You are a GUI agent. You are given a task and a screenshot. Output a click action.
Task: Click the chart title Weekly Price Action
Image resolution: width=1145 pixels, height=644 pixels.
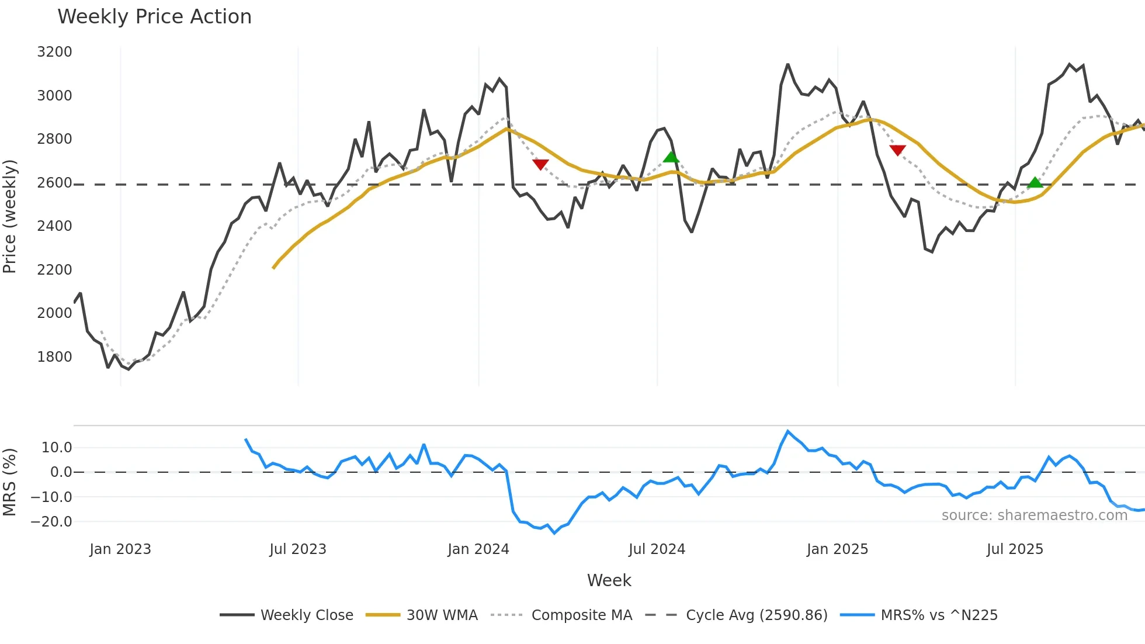tap(154, 16)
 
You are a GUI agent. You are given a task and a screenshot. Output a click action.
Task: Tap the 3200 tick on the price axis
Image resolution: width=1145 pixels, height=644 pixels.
tap(54, 52)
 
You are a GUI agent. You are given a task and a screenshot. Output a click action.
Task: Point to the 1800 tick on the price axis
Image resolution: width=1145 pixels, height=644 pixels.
tap(54, 356)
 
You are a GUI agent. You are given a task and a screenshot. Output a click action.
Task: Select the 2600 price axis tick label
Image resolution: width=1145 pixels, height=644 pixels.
tap(54, 183)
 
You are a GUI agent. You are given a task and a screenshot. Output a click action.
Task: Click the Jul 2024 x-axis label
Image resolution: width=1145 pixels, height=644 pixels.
tap(657, 549)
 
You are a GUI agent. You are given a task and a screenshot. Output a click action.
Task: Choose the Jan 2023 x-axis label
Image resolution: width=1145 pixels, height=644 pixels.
tap(120, 549)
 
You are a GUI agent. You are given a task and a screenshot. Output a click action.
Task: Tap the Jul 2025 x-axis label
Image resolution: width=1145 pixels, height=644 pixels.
tap(1015, 549)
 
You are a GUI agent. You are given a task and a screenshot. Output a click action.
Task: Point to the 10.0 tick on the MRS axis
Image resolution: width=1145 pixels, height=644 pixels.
tap(57, 448)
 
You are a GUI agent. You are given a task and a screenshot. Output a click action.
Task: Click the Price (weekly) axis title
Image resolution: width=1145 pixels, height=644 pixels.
tap(9, 216)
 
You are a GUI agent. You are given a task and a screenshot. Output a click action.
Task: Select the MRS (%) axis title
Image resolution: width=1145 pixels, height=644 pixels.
tap(9, 482)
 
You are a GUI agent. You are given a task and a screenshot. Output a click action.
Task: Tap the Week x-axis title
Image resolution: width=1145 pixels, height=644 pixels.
tap(609, 580)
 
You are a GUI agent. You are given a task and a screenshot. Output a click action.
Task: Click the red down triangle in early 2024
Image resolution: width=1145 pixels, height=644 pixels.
tap(540, 164)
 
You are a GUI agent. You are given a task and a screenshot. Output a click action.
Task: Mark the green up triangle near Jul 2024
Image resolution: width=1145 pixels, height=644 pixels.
tap(671, 157)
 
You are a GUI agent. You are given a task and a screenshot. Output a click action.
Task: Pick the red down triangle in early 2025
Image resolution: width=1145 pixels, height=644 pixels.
tap(897, 150)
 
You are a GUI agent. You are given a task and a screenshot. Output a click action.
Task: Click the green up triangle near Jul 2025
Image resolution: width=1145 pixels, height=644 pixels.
tap(1035, 183)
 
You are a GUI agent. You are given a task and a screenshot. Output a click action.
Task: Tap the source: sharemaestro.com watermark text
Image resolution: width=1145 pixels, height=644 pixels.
tap(1034, 515)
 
